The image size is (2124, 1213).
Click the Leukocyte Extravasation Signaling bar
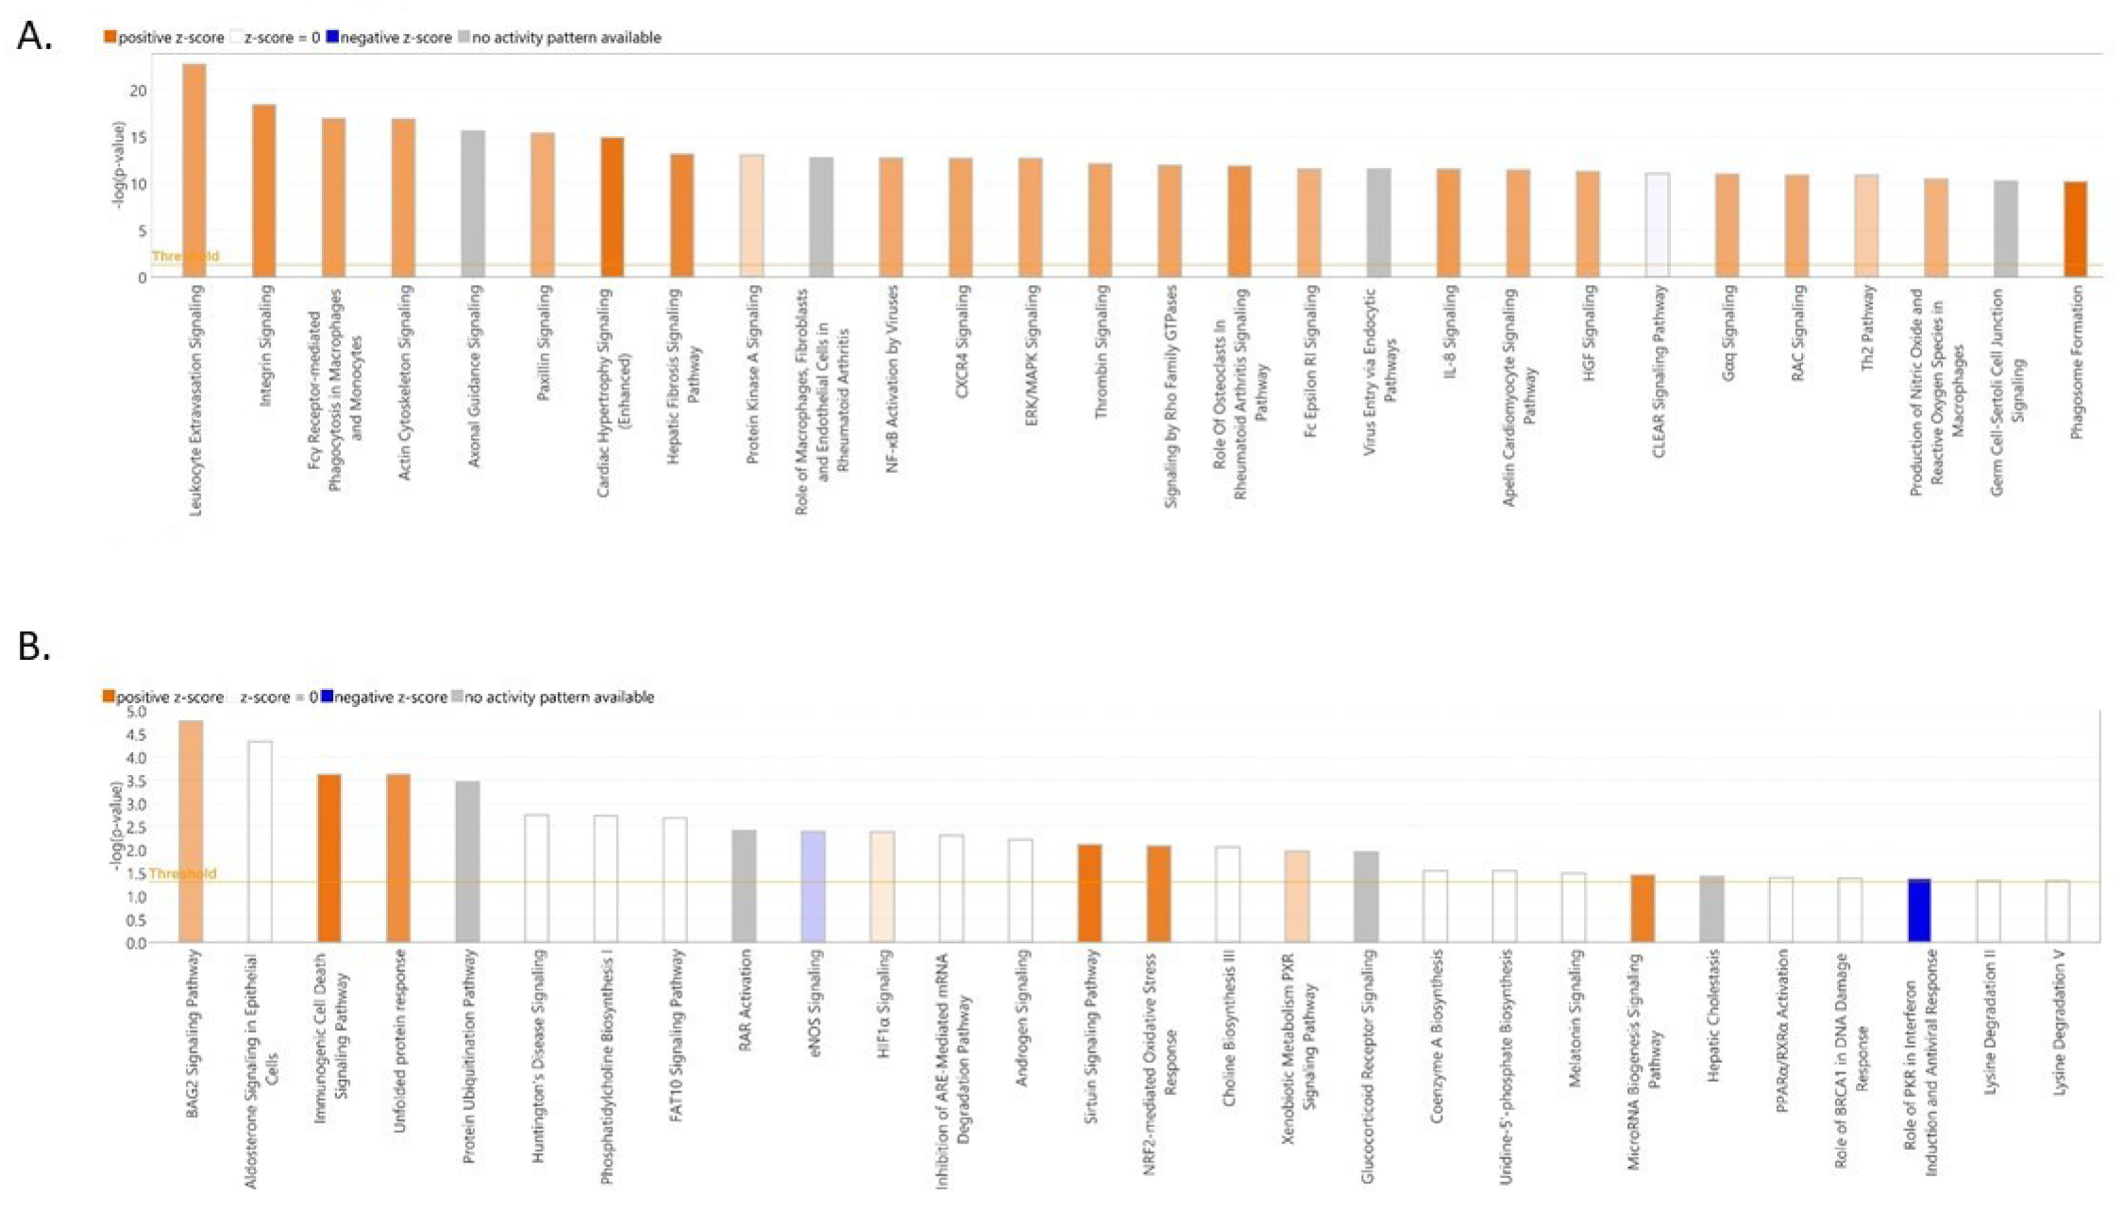[194, 170]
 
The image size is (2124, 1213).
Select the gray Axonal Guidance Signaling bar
[473, 203]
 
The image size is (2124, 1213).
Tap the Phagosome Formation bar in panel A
[2075, 229]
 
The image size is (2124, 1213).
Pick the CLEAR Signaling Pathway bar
[1657, 225]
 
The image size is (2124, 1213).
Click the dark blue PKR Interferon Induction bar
[1919, 910]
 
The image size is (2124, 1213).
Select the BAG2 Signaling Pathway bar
[192, 831]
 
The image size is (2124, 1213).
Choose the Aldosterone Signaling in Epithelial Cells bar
[261, 840]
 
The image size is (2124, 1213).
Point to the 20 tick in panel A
[139, 91]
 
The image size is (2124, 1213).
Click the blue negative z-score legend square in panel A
[331, 38]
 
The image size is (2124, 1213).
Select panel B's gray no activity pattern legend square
[458, 697]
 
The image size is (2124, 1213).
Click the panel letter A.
[35, 36]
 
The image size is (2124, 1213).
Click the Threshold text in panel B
[182, 873]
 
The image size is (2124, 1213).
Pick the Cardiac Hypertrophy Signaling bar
[612, 207]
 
